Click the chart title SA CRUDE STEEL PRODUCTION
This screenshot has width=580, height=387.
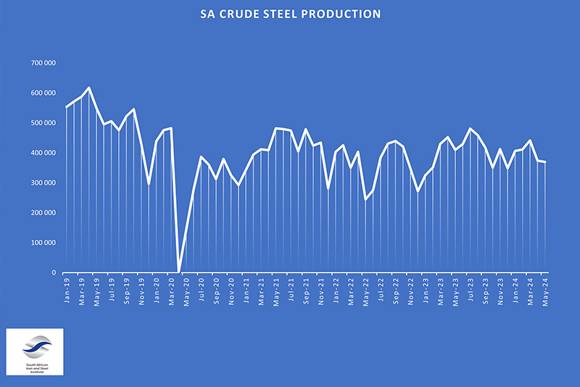click(290, 14)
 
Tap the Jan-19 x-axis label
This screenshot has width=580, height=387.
click(67, 288)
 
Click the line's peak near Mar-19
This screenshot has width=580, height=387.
click(88, 88)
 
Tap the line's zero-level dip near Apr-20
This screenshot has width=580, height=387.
click(178, 272)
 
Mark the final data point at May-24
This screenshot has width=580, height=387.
click(544, 162)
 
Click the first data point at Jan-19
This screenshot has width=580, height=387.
click(67, 107)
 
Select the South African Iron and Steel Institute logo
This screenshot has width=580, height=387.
click(34, 351)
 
